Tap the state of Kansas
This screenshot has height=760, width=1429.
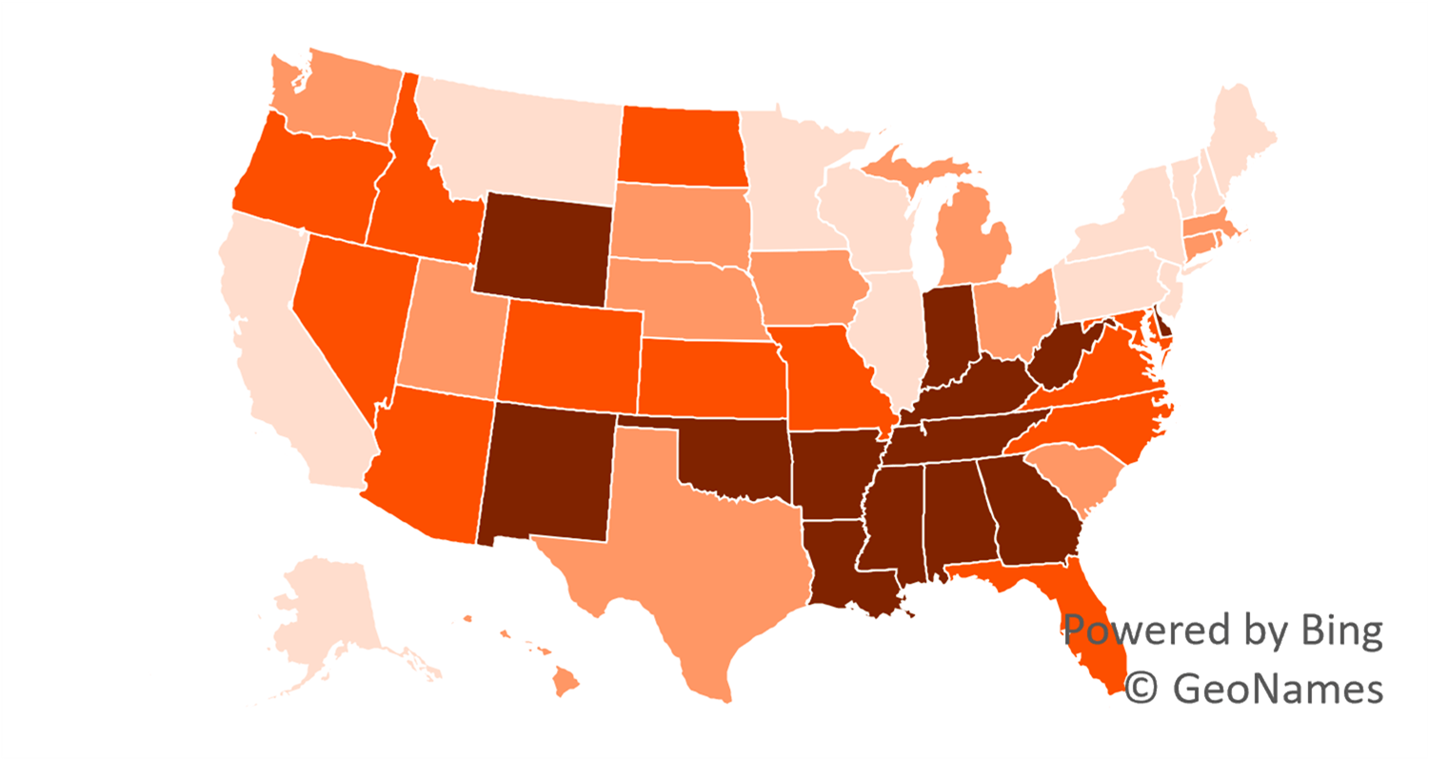point(709,376)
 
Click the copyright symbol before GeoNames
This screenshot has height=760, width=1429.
point(1140,688)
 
